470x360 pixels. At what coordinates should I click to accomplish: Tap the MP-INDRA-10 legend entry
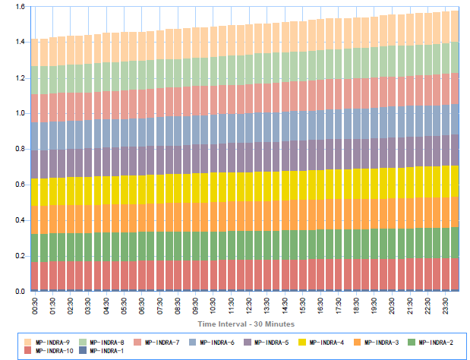click(x=52, y=351)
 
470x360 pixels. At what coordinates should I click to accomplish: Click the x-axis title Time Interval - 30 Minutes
click(x=245, y=324)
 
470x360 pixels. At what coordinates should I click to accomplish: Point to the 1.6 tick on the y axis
click(x=19, y=7)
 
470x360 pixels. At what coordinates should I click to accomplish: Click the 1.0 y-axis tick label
click(x=19, y=114)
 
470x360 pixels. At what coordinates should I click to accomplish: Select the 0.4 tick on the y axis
click(x=19, y=220)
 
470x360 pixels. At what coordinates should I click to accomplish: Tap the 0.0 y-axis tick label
click(x=19, y=292)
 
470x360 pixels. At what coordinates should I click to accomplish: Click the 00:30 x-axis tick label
click(x=36, y=305)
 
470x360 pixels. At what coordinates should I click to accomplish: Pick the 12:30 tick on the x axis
click(x=250, y=305)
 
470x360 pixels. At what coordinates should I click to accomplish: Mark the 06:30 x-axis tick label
click(x=143, y=305)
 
